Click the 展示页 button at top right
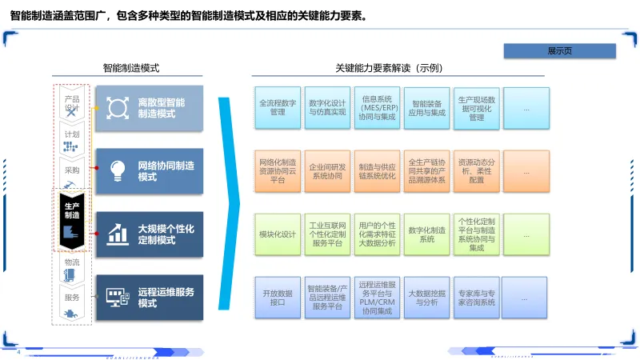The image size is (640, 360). [559, 50]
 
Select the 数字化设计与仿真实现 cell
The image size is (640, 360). [327, 108]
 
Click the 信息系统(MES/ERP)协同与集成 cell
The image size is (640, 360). [378, 108]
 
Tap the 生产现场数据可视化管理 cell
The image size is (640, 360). [477, 108]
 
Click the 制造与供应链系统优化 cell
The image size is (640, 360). [378, 170]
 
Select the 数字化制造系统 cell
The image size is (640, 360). [427, 234]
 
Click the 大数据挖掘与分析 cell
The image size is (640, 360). [427, 298]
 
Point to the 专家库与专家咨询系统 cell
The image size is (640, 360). [477, 298]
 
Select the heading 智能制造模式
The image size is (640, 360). [130, 69]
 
